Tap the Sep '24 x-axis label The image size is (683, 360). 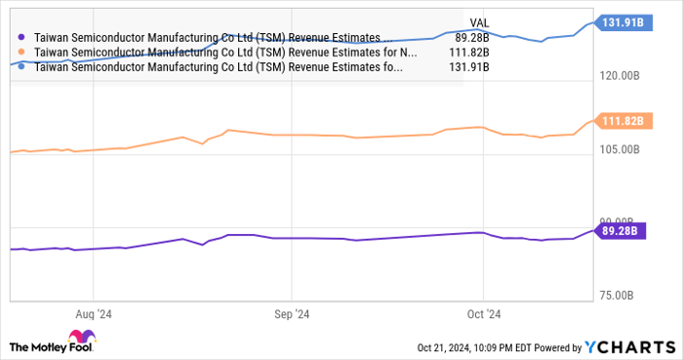pyautogui.click(x=291, y=314)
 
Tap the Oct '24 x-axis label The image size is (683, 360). pyautogui.click(x=484, y=314)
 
